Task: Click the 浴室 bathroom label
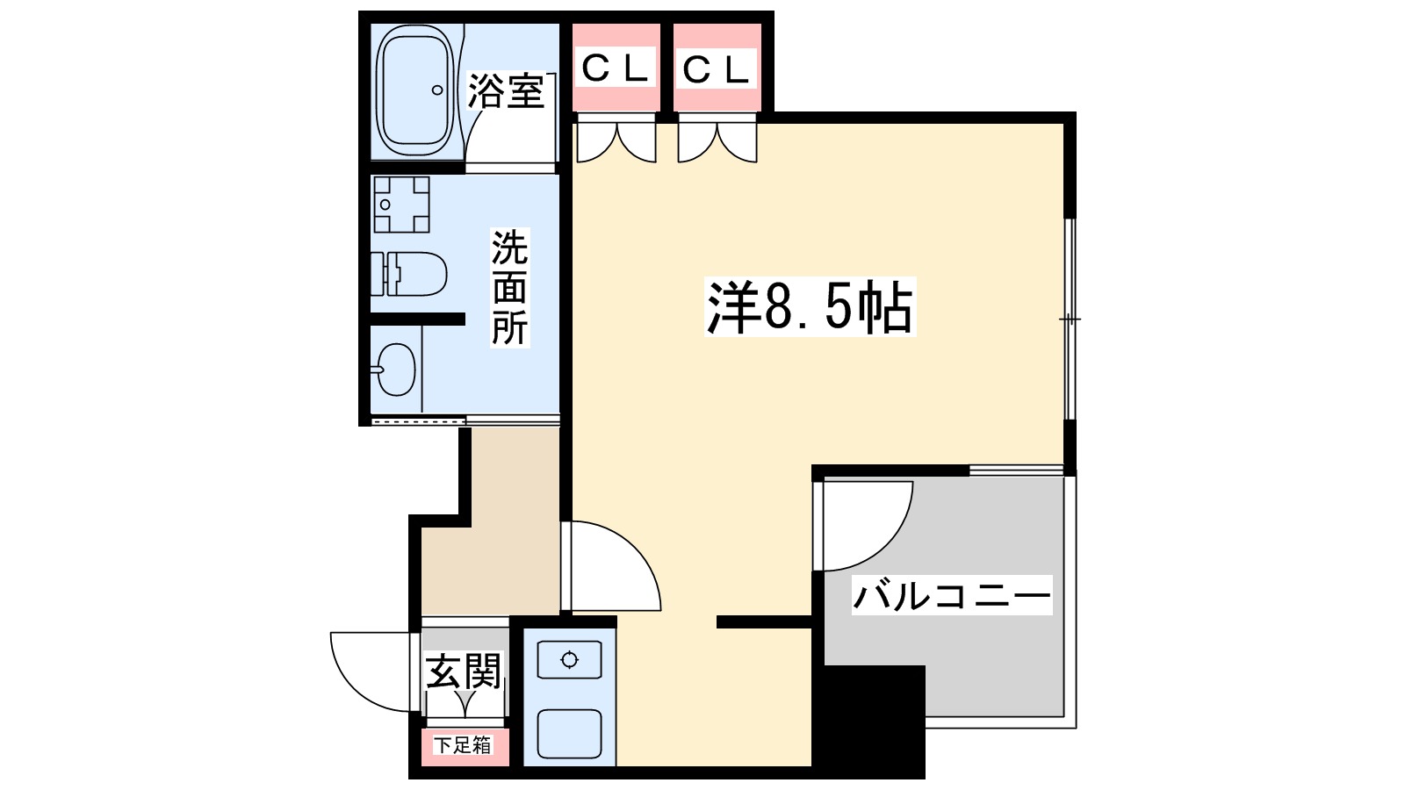click(506, 92)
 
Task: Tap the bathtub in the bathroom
click(414, 90)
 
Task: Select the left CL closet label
click(616, 68)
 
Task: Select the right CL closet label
click(717, 68)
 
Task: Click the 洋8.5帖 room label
click(810, 307)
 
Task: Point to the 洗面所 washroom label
click(509, 287)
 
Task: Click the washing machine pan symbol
click(401, 204)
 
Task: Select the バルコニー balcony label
click(951, 597)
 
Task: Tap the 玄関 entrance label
click(464, 672)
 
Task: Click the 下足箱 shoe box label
click(464, 745)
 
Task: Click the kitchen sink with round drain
click(569, 660)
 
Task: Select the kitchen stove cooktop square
click(569, 734)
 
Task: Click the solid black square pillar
click(875, 715)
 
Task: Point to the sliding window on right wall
click(1070, 319)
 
